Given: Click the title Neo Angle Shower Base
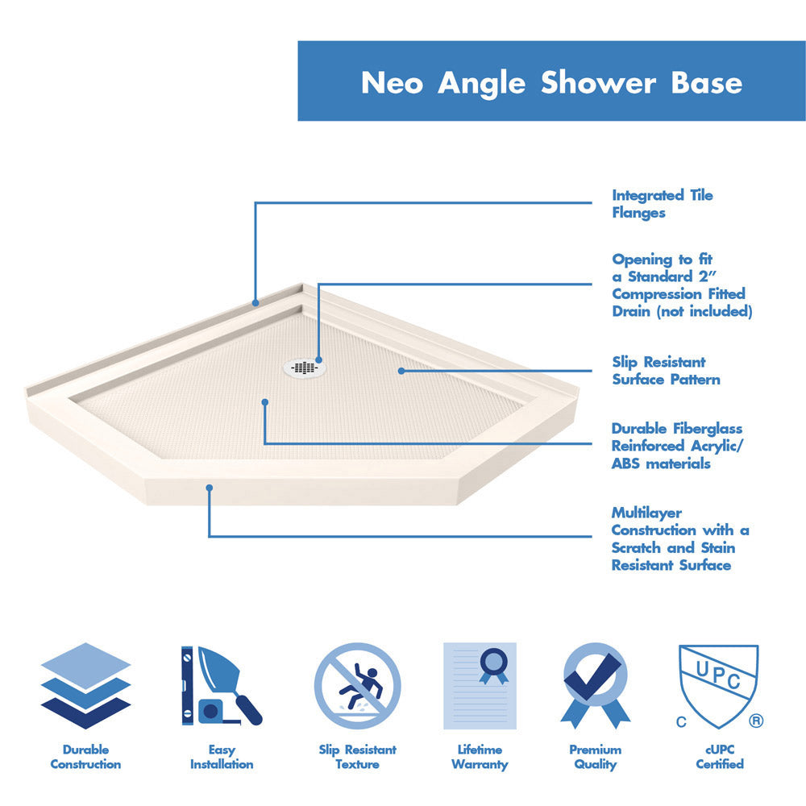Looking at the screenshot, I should coord(551,83).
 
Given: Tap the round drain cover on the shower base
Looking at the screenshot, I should coord(305,368).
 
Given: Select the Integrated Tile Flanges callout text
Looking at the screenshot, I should coord(662,204).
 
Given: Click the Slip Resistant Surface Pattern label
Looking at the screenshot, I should coord(666,371).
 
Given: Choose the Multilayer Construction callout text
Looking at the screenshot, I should coord(679,538).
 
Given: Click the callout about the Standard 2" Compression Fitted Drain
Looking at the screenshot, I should coord(681,285).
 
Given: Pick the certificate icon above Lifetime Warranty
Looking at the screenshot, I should coord(480,686).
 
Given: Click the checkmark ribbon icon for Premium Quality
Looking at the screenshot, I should coord(596,686).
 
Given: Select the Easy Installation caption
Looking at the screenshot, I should coord(222,757).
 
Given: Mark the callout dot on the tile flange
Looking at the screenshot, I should coord(256,304).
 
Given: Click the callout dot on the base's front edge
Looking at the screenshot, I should coord(210,488).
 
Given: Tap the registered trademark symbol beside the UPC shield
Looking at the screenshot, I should coord(755,721).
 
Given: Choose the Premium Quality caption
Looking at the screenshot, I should coord(596,757).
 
